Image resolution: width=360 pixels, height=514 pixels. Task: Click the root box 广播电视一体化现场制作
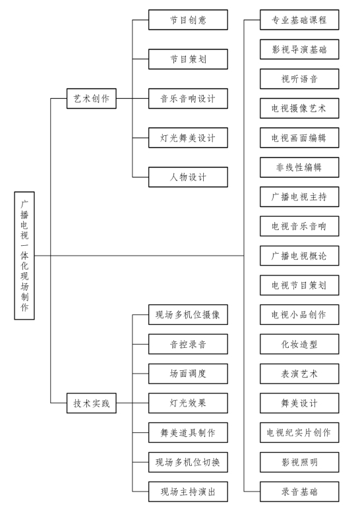[24, 256]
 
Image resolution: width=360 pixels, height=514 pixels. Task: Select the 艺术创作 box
[92, 98]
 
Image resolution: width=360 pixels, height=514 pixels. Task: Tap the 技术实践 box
[92, 403]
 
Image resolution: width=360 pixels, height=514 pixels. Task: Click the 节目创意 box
[188, 20]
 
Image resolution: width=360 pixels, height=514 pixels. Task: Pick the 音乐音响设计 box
[188, 98]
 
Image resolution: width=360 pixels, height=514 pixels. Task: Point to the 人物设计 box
[188, 177]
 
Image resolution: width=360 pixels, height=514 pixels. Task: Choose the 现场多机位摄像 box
[188, 315]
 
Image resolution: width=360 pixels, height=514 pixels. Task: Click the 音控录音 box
[188, 344]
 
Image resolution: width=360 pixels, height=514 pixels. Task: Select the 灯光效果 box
[188, 403]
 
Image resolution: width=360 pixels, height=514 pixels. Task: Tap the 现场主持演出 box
[188, 492]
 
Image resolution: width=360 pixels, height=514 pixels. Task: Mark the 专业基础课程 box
[299, 20]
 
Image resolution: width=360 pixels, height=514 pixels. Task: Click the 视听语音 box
[299, 78]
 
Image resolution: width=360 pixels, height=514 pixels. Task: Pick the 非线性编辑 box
[299, 167]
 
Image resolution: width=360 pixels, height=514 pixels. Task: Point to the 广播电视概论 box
[299, 256]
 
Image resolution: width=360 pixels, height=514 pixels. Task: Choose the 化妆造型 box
[299, 344]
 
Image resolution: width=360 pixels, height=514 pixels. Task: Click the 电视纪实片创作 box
[299, 432]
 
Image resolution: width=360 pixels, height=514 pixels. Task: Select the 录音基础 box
[299, 492]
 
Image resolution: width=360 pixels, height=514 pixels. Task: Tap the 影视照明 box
[299, 462]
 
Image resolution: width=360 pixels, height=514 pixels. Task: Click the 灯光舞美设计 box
[188, 138]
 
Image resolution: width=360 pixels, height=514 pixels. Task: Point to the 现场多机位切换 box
[188, 462]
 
